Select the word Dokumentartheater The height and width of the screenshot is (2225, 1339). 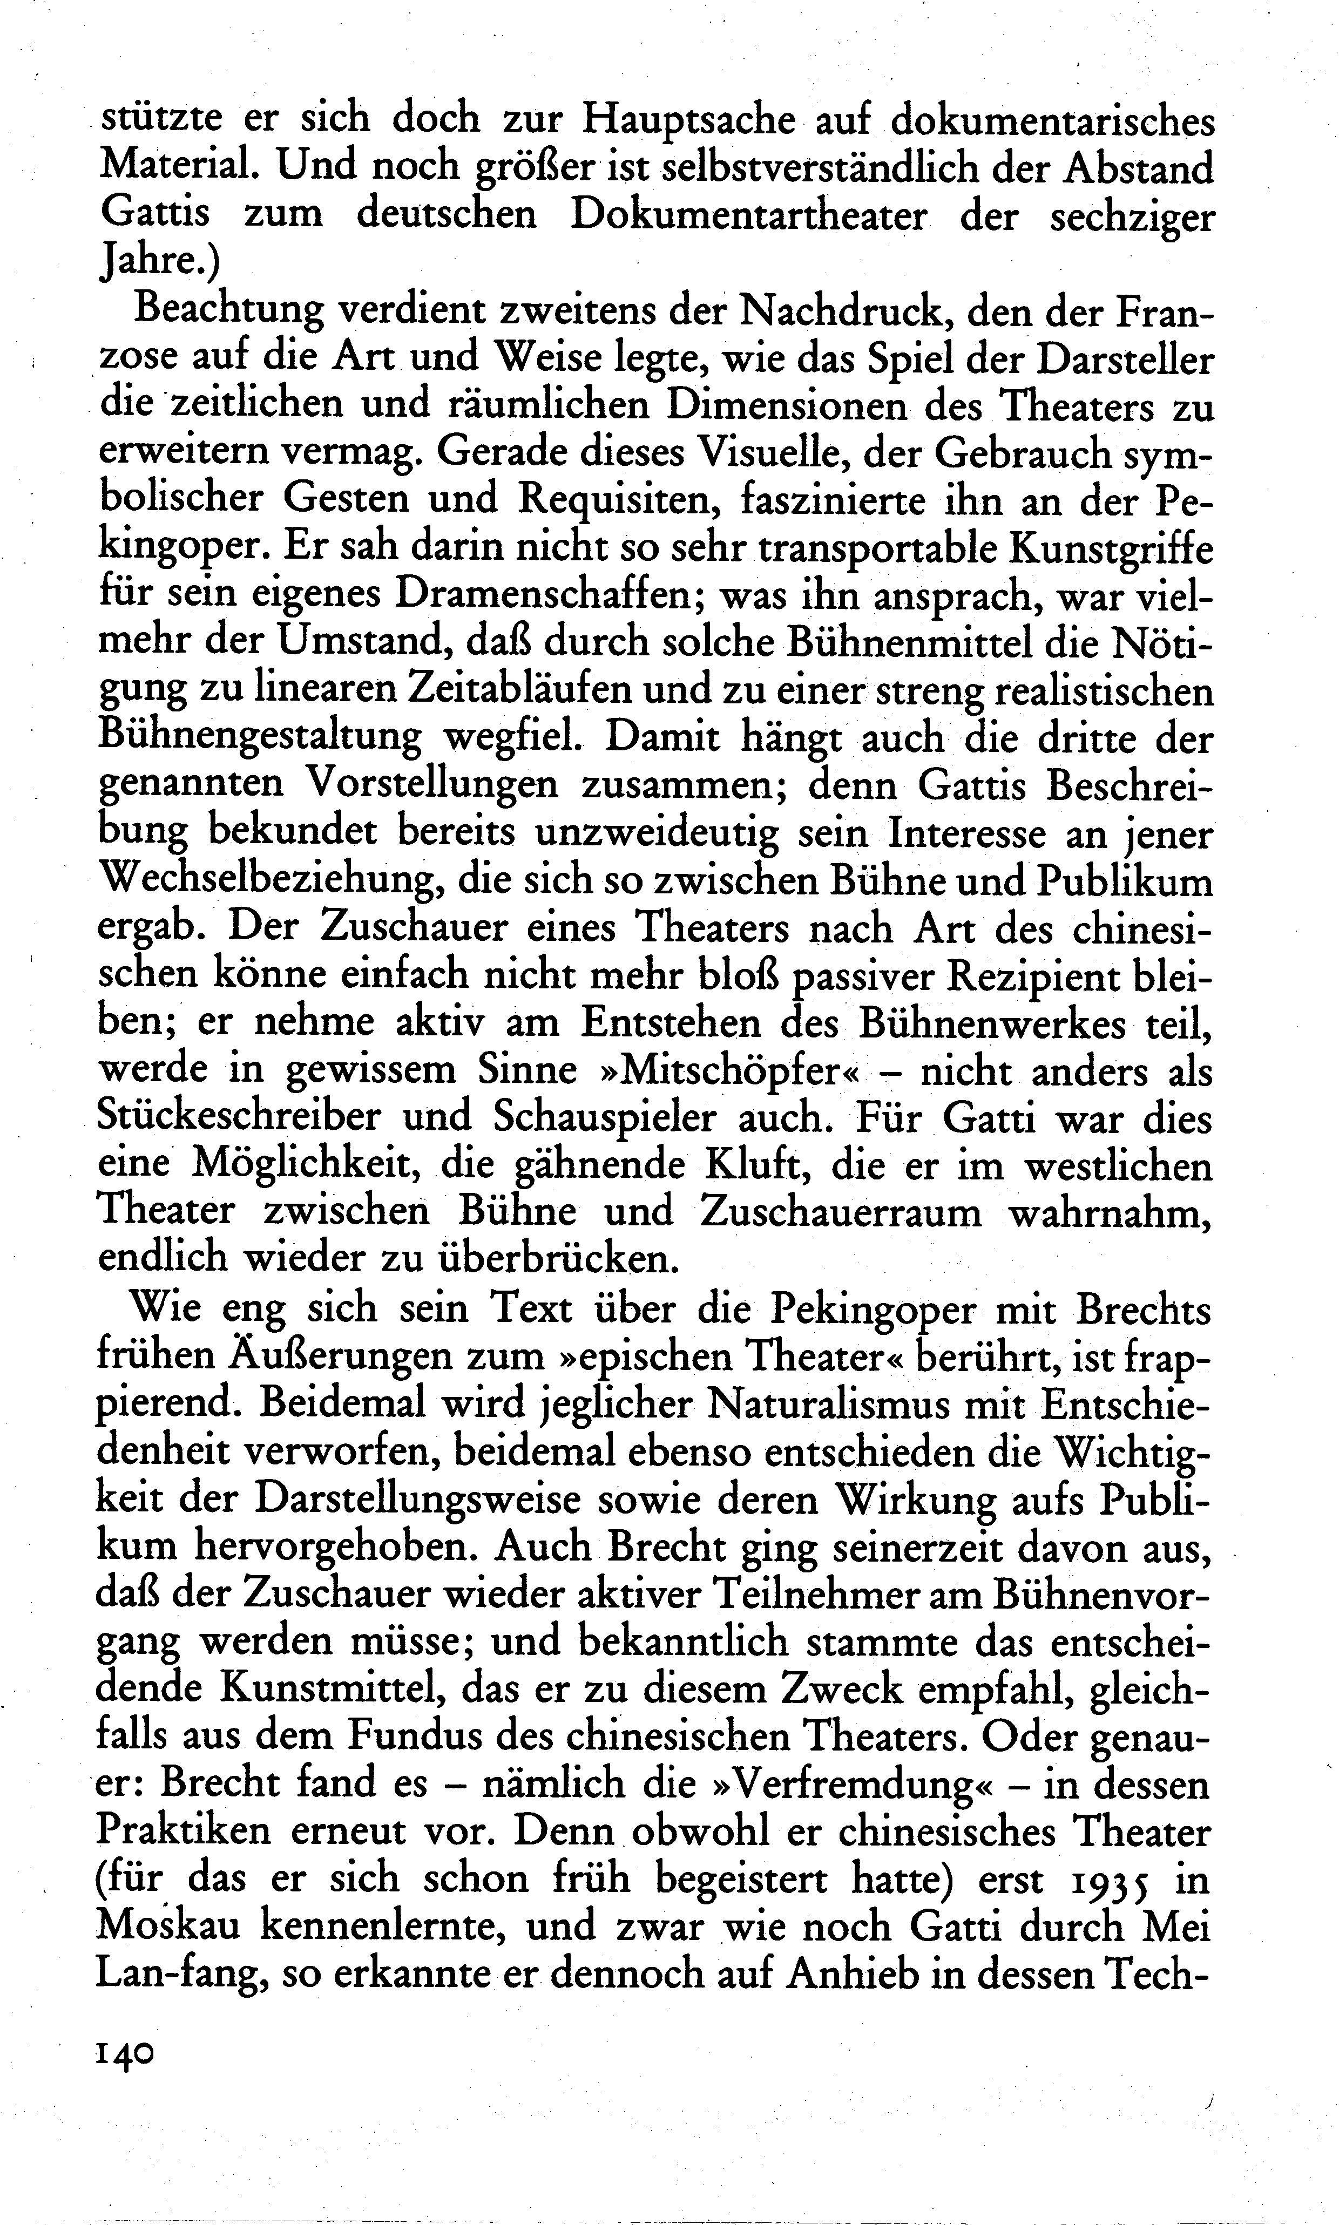click(749, 215)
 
